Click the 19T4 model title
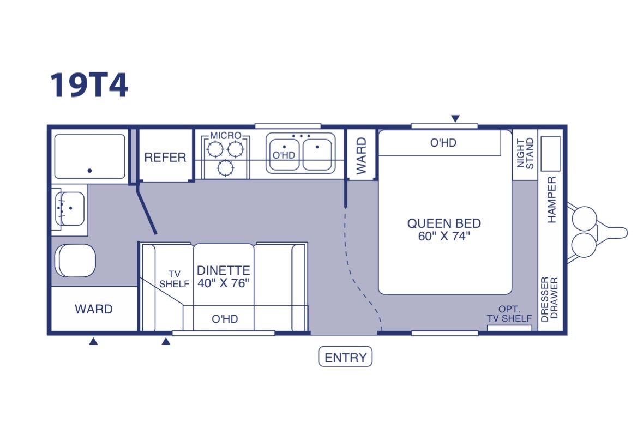pos(89,85)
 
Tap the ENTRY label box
pos(345,357)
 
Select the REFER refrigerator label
pos(165,158)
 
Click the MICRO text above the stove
pos(226,136)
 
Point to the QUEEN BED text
pos(444,223)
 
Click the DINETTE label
pos(224,270)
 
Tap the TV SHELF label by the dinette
pos(175,279)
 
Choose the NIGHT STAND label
pos(525,153)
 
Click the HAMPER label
pos(551,200)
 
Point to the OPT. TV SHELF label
pos(509,314)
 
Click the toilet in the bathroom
pos(75,261)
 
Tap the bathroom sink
pos(70,208)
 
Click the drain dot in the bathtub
pos(89,171)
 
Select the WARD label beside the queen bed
pos(361,156)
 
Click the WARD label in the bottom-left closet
pos(93,309)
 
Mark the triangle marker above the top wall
pos(455,119)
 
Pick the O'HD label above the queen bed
pos(443,143)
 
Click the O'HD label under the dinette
pos(225,319)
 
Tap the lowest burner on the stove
pos(226,168)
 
